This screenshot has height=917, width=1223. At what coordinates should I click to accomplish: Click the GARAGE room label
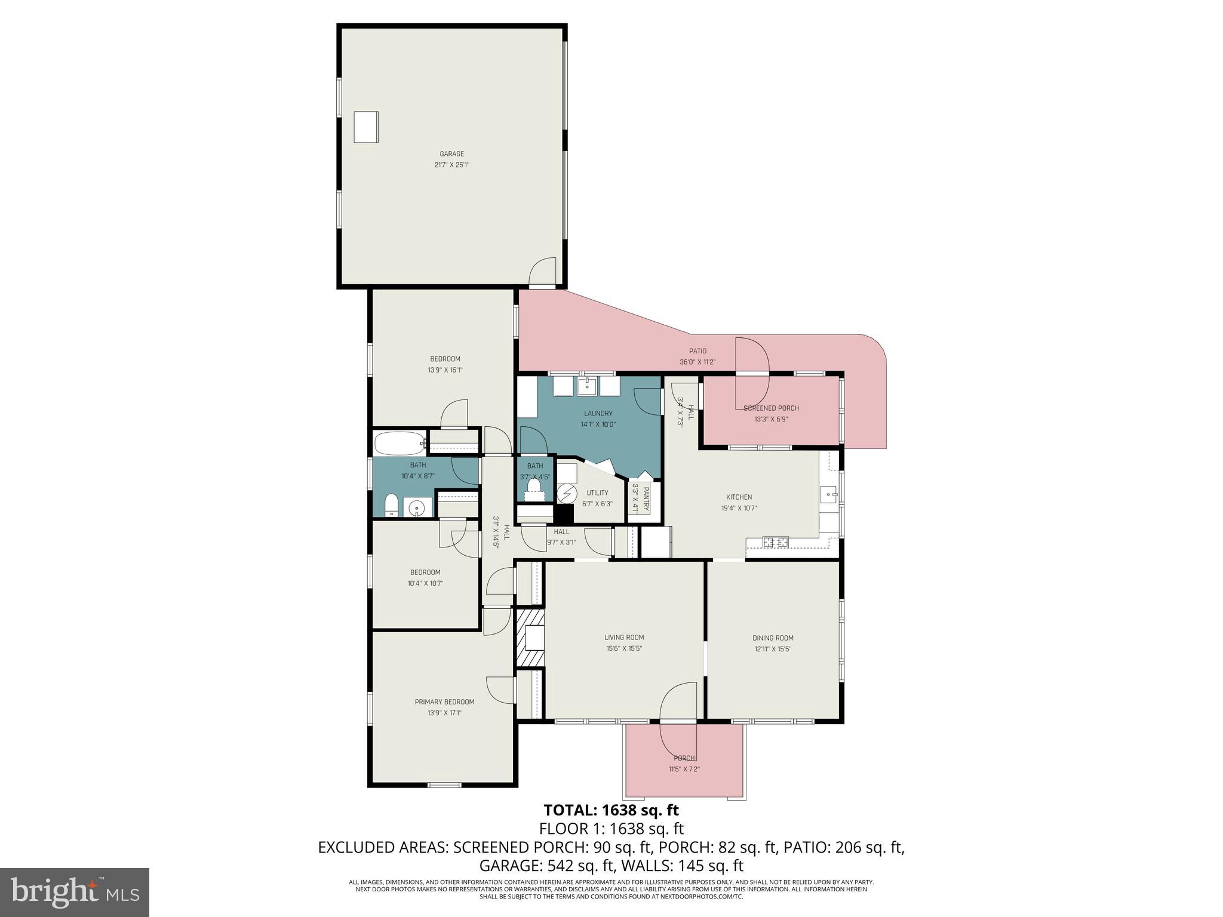[x=451, y=154]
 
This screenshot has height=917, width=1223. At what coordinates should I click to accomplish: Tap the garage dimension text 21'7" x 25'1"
[x=451, y=165]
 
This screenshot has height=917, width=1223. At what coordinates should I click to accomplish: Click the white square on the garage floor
[x=365, y=127]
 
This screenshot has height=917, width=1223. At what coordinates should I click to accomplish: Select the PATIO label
[x=697, y=351]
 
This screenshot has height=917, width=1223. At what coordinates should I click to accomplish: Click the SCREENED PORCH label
[x=771, y=408]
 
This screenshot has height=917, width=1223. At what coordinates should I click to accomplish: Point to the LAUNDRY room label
[x=598, y=413]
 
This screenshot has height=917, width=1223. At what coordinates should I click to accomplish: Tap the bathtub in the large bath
[x=400, y=444]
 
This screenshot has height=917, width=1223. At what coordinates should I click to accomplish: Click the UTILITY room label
[x=597, y=493]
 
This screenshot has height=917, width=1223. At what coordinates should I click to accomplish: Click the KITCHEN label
[x=739, y=497]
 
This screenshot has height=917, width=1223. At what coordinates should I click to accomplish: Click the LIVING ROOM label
[x=624, y=638]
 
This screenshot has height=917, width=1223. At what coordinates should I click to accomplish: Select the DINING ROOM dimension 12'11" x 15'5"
[x=772, y=649]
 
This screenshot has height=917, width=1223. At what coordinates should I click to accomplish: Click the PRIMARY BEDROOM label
[x=444, y=702]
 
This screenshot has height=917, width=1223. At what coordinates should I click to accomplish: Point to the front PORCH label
[x=684, y=758]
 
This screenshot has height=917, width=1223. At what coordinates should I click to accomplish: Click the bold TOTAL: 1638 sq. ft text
[x=611, y=810]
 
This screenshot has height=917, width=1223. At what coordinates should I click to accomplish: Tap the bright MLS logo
[x=75, y=892]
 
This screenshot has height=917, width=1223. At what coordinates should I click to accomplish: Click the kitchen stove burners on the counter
[x=776, y=542]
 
